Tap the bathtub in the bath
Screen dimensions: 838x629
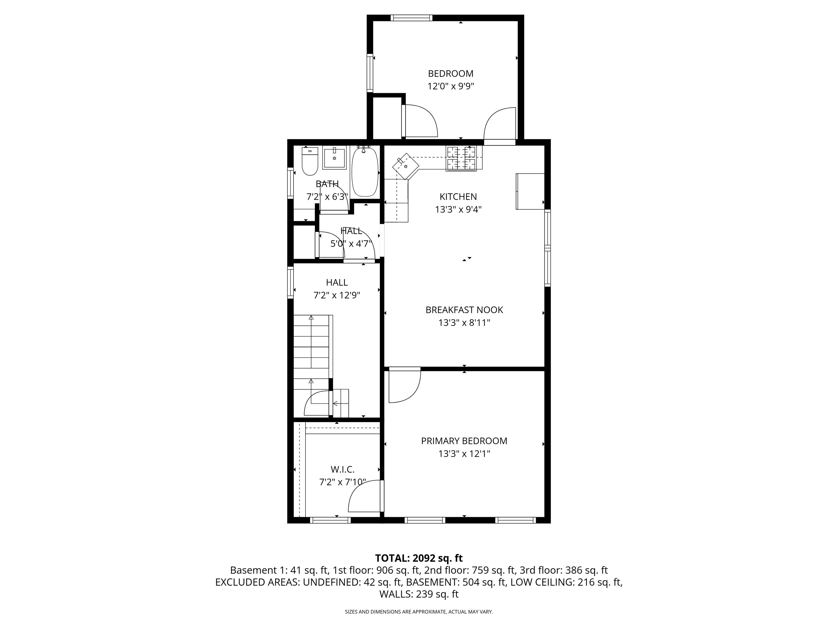click(365, 172)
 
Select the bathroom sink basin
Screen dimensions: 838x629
click(334, 159)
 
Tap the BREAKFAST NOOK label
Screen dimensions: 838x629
click(464, 310)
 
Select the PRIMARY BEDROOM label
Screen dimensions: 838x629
click(464, 441)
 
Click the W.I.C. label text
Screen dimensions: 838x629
click(342, 469)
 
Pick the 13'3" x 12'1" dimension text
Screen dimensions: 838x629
click(464, 454)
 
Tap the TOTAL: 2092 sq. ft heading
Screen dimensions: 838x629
click(419, 558)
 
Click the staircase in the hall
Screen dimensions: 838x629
click(313, 366)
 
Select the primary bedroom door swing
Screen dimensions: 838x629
click(405, 385)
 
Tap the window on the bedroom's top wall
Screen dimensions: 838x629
click(411, 17)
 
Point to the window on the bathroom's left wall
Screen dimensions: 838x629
click(291, 183)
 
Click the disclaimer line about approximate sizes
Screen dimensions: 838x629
click(419, 612)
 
